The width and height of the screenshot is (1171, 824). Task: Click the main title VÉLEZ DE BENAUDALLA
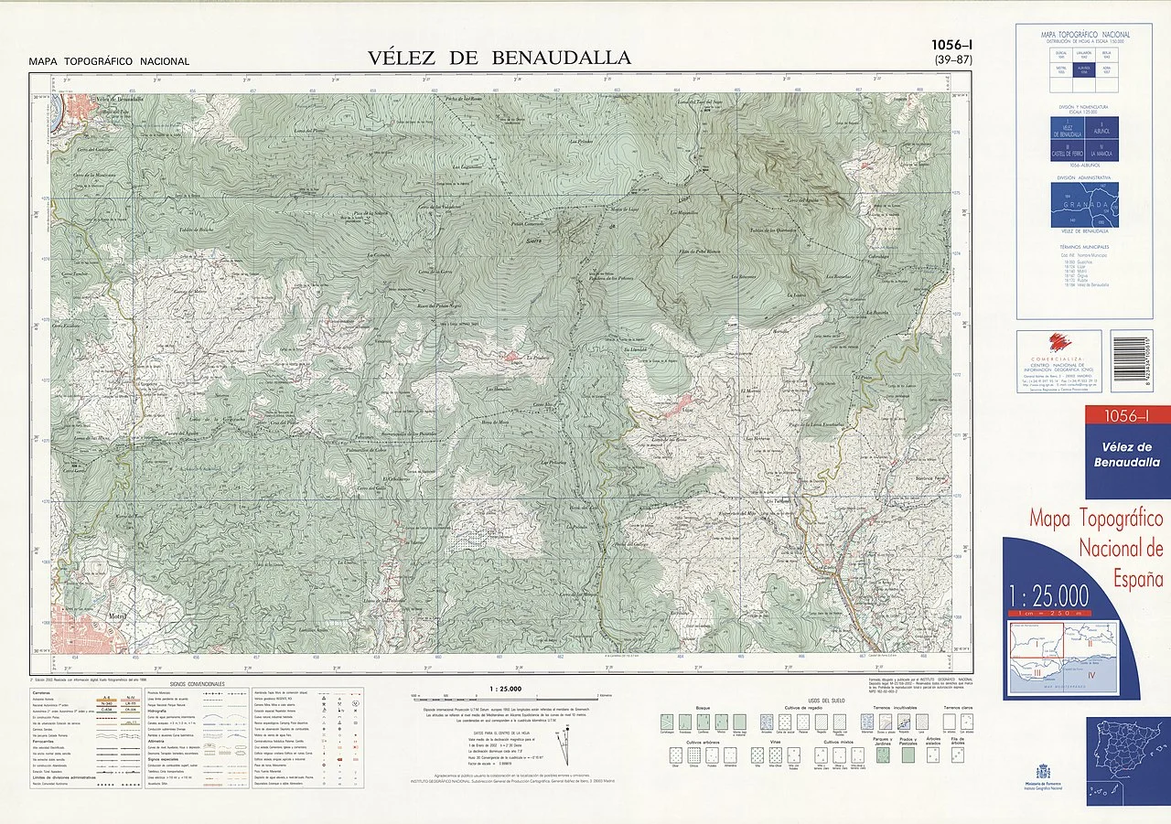pyautogui.click(x=499, y=58)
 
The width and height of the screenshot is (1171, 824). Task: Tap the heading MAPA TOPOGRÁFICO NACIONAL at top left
pyautogui.click(x=109, y=61)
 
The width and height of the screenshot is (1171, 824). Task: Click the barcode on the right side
pyautogui.click(x=1132, y=360)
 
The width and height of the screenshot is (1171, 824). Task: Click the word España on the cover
pyautogui.click(x=1138, y=578)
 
